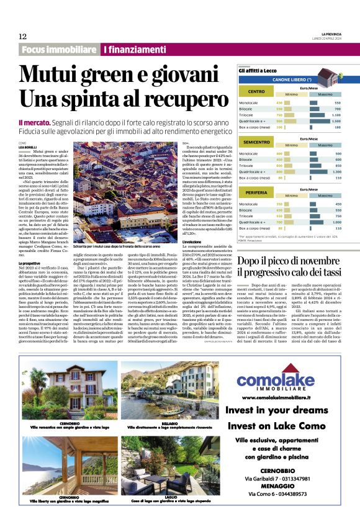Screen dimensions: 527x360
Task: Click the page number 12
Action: (x=22, y=36)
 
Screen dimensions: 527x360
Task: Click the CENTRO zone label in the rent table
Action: (x=256, y=92)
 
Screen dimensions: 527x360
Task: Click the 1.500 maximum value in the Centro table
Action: (x=336, y=120)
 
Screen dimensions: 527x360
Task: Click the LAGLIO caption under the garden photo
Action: (x=175, y=497)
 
